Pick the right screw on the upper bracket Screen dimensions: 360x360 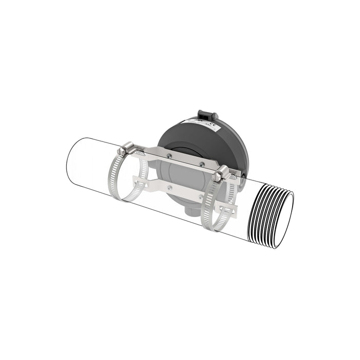tap(202, 165)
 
